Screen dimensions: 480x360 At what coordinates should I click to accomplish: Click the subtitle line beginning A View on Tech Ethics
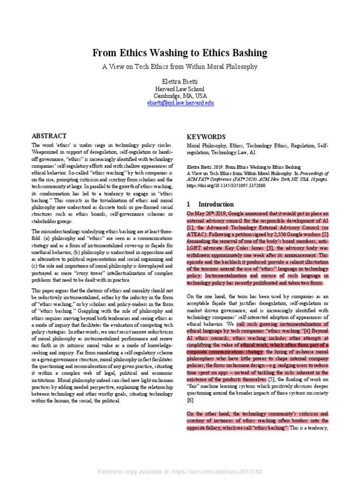coord(180,67)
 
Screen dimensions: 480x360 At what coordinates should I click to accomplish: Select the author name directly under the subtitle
coord(180,81)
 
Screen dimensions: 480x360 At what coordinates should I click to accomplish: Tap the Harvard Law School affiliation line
coord(180,89)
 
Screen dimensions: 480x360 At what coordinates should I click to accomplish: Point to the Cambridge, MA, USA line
coord(180,96)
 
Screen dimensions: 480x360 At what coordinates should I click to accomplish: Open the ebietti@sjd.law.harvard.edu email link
coord(180,103)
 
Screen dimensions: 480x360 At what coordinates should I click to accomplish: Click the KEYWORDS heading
coord(206,137)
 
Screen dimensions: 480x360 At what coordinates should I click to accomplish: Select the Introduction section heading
coord(216,204)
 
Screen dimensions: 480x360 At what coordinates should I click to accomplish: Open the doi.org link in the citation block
coord(226,186)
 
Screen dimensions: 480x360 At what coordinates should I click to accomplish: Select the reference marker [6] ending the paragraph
coord(190,401)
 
